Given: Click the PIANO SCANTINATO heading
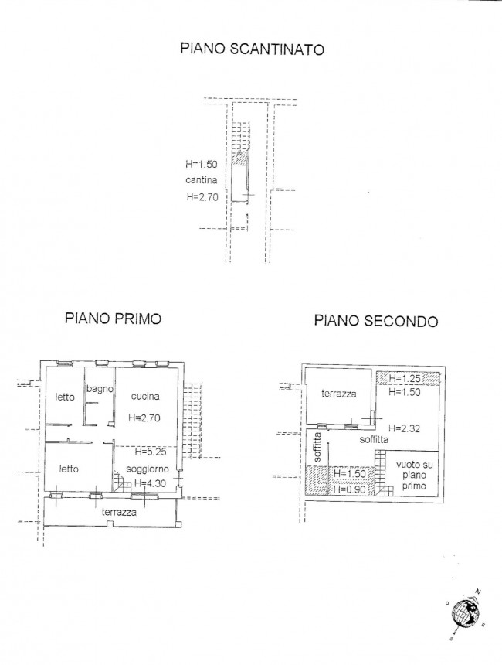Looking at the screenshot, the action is [x=253, y=49].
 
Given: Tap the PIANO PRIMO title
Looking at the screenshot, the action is [x=113, y=318].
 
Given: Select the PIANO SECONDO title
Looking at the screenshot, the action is [x=376, y=321].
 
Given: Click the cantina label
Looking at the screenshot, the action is [x=202, y=180].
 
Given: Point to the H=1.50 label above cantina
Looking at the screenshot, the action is [x=202, y=164].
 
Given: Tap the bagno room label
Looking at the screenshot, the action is [x=100, y=389].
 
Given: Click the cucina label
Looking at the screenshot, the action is [x=145, y=396].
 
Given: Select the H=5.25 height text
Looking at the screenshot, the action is [x=151, y=452].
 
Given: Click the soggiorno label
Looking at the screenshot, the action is [x=148, y=469].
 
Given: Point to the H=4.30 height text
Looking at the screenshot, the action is [x=150, y=483].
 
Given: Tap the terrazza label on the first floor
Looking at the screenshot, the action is [x=119, y=512].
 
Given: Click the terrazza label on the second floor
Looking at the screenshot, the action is [x=339, y=394].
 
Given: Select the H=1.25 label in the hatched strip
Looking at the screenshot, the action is [x=405, y=377].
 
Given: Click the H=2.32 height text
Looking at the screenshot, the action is [x=404, y=428].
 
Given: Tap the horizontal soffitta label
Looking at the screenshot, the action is [x=374, y=439].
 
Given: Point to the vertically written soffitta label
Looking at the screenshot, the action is [x=317, y=447].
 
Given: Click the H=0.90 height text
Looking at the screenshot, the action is [x=350, y=489].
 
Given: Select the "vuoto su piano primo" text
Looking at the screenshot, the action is [x=414, y=476].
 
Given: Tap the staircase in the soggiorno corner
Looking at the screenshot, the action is [x=121, y=483].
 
